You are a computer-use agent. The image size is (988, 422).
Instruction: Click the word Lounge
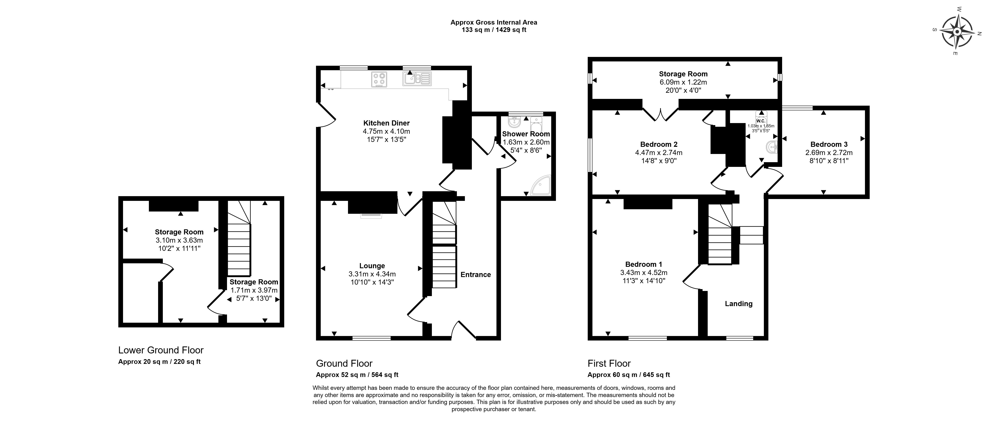click(372, 266)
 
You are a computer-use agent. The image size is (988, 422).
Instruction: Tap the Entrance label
click(476, 275)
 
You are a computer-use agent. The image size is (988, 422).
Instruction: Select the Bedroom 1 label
click(643, 264)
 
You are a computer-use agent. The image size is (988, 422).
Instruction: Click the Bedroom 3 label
click(829, 144)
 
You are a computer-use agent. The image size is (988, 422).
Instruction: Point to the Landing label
click(739, 304)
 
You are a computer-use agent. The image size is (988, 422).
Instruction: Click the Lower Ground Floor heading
click(161, 350)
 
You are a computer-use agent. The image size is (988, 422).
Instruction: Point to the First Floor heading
click(609, 363)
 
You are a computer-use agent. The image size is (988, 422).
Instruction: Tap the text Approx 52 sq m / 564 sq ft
click(357, 375)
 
